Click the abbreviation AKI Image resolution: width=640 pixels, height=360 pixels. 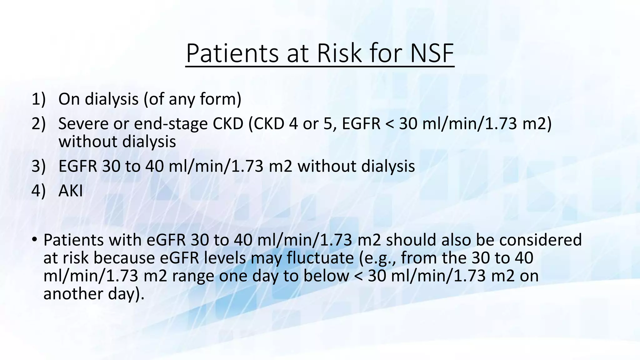(71, 191)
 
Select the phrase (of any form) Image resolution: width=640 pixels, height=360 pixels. (192, 99)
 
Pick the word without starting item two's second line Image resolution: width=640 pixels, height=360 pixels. (88, 142)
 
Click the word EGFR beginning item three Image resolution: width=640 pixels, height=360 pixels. (78, 166)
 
